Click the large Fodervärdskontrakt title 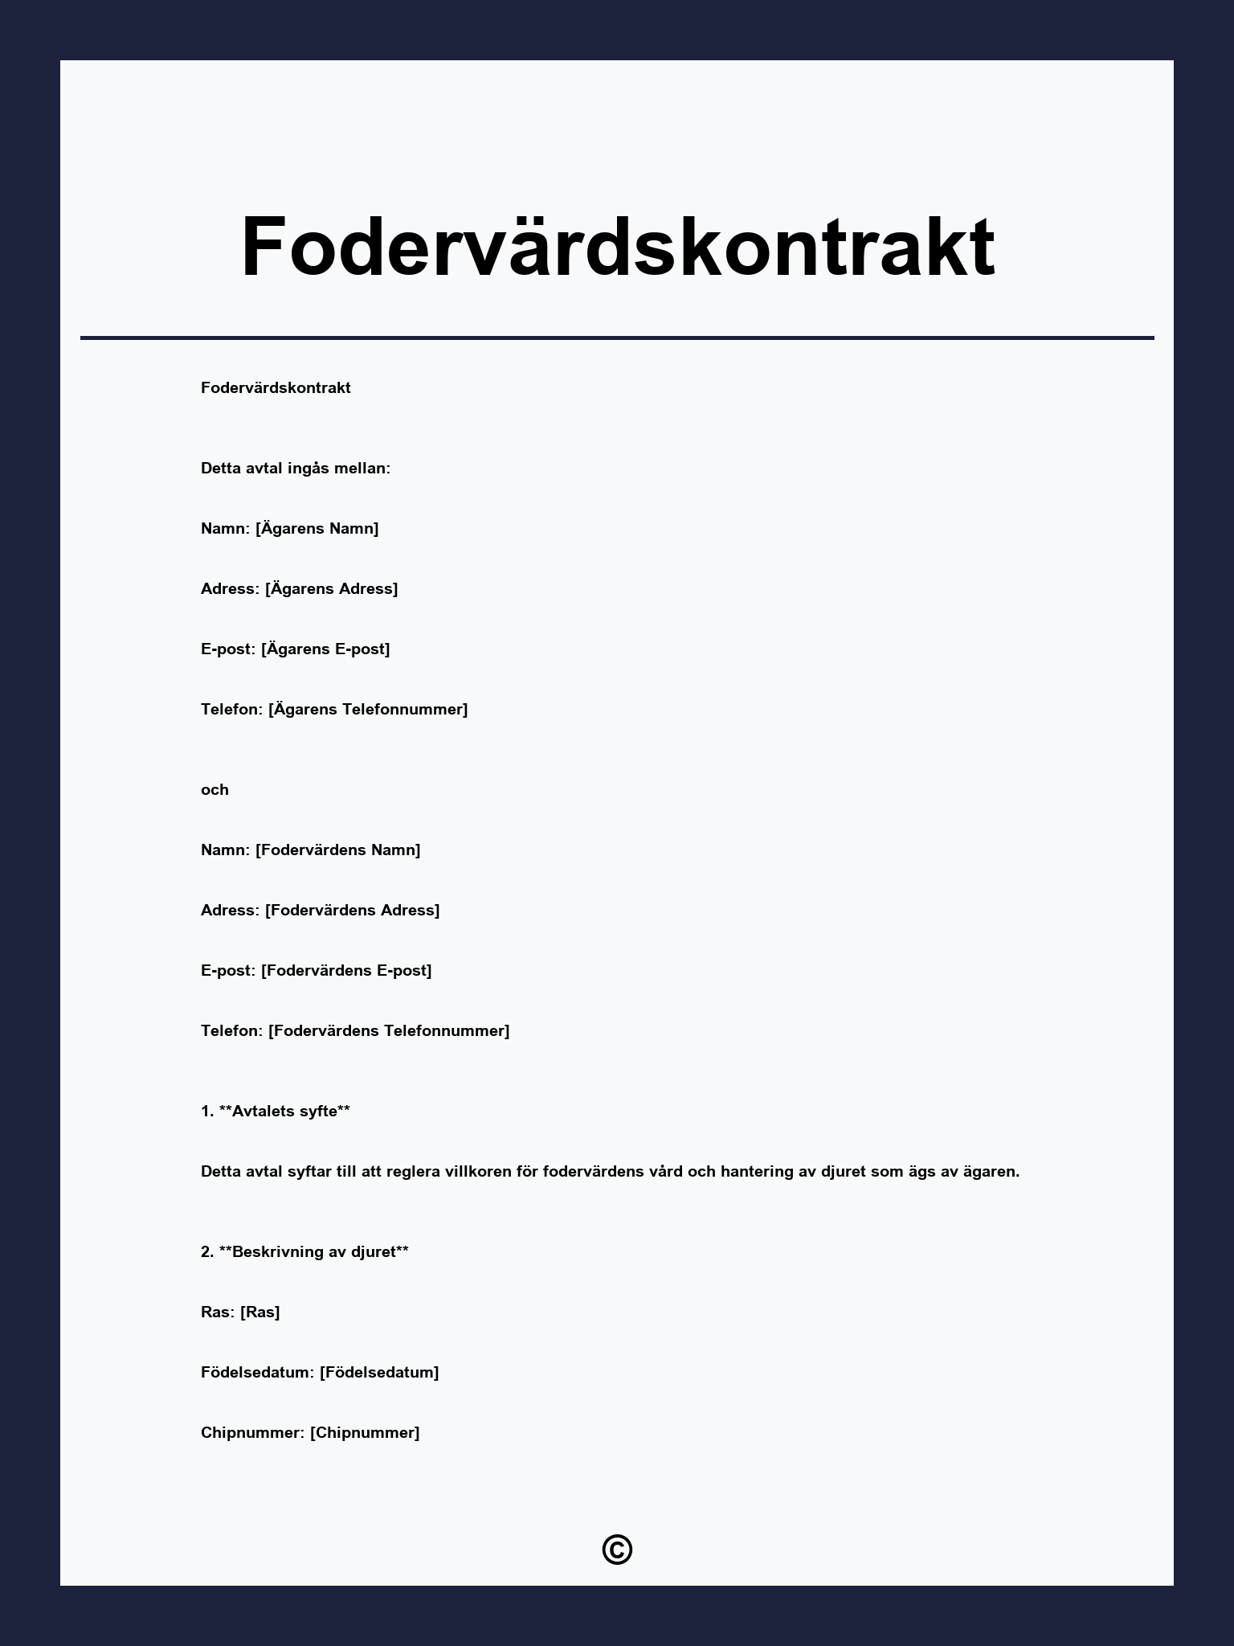pyautogui.click(x=617, y=247)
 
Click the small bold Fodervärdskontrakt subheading pyautogui.click(x=276, y=388)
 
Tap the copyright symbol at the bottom pyautogui.click(x=617, y=1550)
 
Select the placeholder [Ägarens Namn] pyautogui.click(x=317, y=529)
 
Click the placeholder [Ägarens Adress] pyautogui.click(x=331, y=589)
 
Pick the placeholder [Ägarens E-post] pyautogui.click(x=325, y=649)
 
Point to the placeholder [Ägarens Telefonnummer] pyautogui.click(x=368, y=710)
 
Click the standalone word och pyautogui.click(x=215, y=790)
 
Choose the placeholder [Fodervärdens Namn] pyautogui.click(x=338, y=850)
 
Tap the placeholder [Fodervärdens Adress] pyautogui.click(x=352, y=911)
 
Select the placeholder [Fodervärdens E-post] pyautogui.click(x=346, y=971)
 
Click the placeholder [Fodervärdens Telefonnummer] pyautogui.click(x=389, y=1031)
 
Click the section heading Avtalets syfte pyautogui.click(x=284, y=1112)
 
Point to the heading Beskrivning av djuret pyautogui.click(x=313, y=1252)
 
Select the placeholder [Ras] pyautogui.click(x=260, y=1312)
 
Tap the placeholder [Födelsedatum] pyautogui.click(x=379, y=1373)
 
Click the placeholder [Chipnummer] pyautogui.click(x=365, y=1433)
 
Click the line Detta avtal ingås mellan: pyautogui.click(x=296, y=469)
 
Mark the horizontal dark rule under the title pyautogui.click(x=617, y=338)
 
